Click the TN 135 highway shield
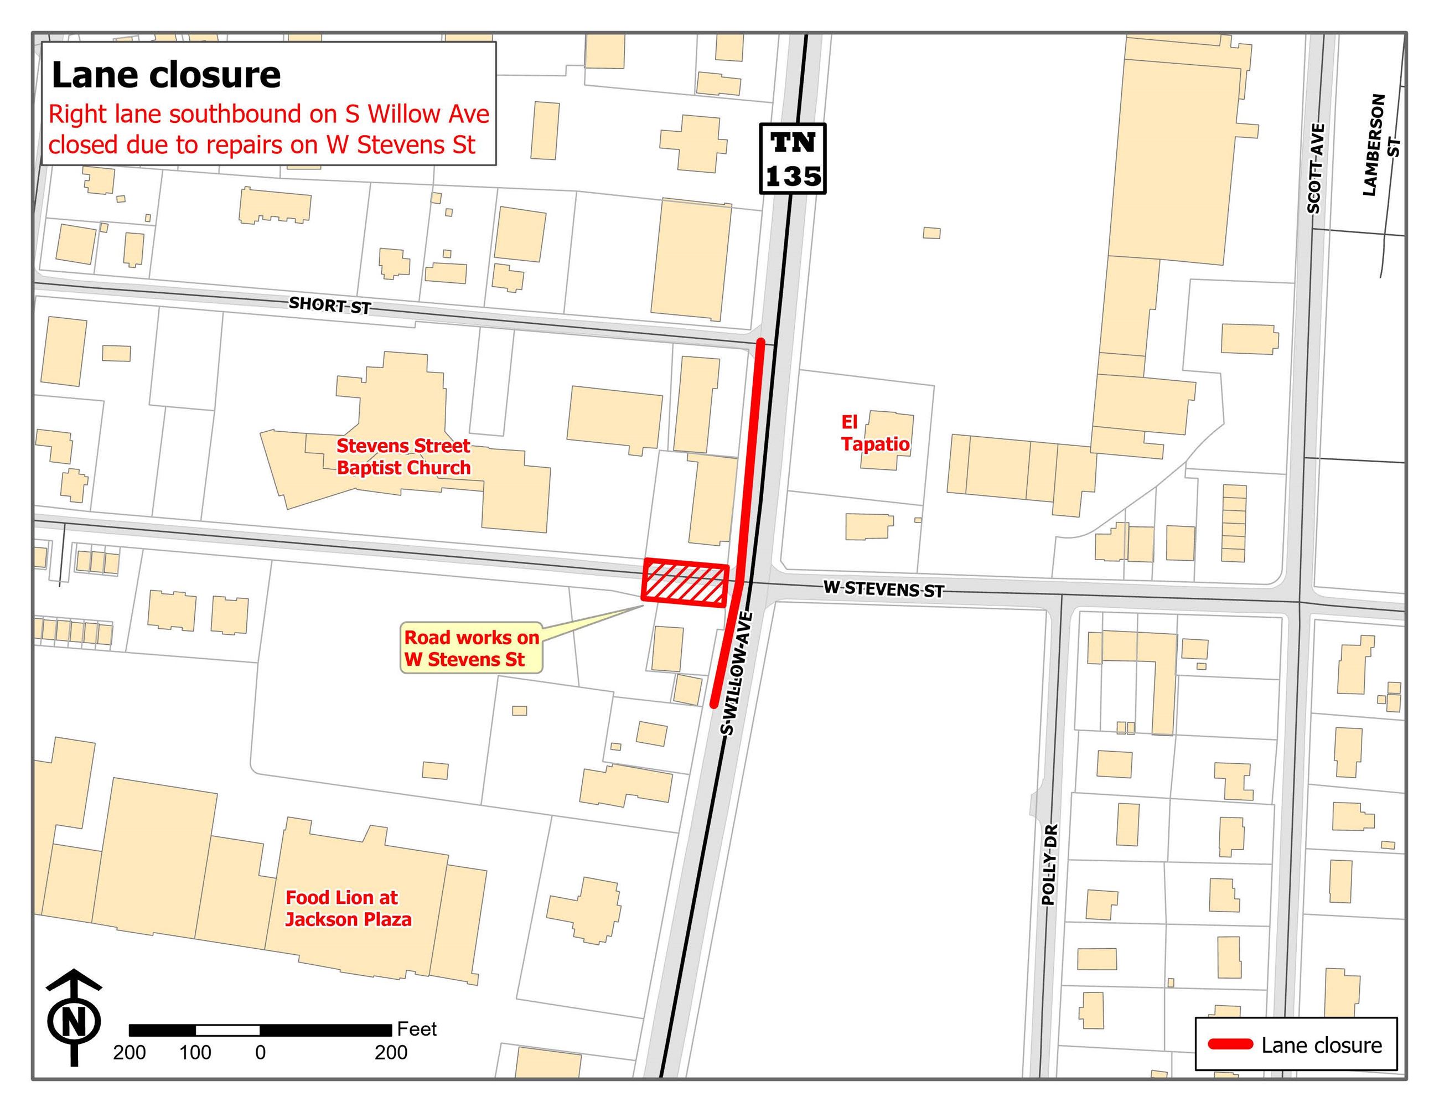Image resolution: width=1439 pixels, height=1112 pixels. coord(792,159)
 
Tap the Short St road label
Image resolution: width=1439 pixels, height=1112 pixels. coord(329,306)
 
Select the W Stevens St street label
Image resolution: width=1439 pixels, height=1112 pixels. coord(883,589)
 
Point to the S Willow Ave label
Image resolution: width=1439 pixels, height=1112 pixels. coord(737,673)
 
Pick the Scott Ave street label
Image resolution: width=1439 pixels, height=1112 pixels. coord(1314,169)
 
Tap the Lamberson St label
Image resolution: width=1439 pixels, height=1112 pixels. coord(1379,145)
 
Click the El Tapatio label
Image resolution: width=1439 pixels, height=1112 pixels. coord(874,433)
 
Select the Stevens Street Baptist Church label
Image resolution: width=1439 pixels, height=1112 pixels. coord(403,457)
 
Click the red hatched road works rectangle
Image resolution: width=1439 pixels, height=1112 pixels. coord(685,582)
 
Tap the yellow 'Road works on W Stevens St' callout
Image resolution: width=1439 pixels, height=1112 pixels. coord(471,648)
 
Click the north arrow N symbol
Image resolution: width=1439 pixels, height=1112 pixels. coord(74,1022)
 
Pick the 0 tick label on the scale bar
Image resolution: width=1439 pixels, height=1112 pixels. coord(260,1052)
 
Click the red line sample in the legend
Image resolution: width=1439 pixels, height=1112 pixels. coord(1229,1044)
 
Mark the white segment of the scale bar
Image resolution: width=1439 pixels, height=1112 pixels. coord(227,1030)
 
